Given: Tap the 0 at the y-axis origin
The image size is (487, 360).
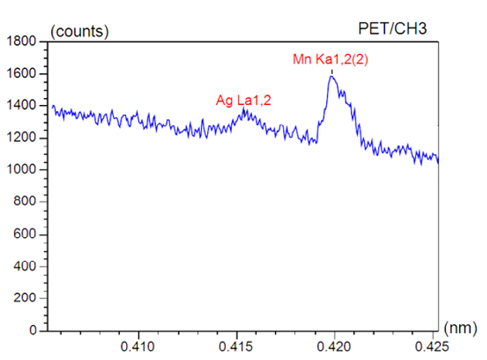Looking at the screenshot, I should click(x=32, y=331).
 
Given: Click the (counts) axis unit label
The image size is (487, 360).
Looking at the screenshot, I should click(x=79, y=31).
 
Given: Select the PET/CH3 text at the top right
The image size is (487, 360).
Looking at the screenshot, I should click(x=394, y=29).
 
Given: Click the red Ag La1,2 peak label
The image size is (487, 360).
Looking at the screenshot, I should click(x=243, y=99).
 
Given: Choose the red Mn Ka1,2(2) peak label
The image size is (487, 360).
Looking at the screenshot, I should click(x=330, y=59).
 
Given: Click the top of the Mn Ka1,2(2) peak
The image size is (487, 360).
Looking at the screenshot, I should click(x=332, y=76).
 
